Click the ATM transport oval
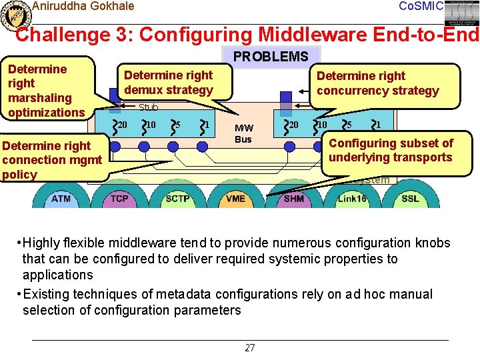61,198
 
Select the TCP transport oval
119,198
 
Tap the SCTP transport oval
177,198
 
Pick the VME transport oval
235,198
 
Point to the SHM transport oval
293,198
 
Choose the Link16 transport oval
352,198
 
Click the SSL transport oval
410,198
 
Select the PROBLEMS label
271,57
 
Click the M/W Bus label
243,133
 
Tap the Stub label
148,107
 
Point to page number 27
250,348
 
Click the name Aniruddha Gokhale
83,6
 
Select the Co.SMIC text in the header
420,6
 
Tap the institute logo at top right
462,13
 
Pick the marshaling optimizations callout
47,91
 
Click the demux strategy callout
169,83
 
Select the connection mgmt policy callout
53,160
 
